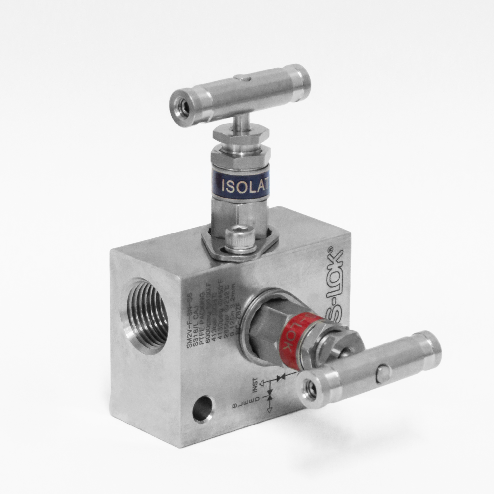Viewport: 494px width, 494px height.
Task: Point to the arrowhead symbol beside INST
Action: coord(262,383)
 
